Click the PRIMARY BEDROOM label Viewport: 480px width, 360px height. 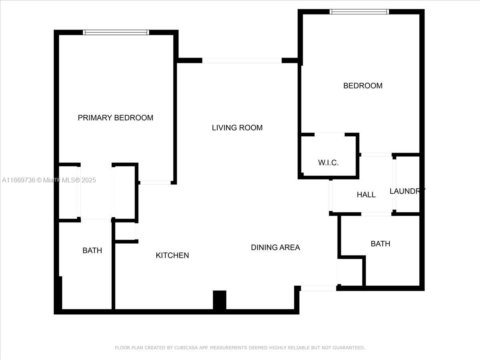[x=115, y=118]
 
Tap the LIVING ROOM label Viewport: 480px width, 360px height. [x=237, y=128]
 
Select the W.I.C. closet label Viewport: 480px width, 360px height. [x=328, y=163]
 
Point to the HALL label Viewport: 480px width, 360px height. [x=366, y=195]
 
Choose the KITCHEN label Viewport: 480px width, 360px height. [x=172, y=255]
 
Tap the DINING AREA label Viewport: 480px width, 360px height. [x=275, y=248]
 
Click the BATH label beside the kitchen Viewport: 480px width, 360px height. [x=92, y=250]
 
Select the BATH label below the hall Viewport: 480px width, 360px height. [x=380, y=244]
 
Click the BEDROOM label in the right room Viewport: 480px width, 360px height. [x=363, y=86]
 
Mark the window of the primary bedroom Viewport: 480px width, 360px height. [x=116, y=32]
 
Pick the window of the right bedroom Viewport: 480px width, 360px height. [x=359, y=12]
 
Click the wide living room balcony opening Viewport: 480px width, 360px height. [x=242, y=60]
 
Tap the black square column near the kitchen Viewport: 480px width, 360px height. [x=220, y=300]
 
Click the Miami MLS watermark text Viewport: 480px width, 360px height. [x=49, y=180]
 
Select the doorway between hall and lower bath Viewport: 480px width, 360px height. [x=376, y=214]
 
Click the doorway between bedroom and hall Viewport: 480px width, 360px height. [x=376, y=154]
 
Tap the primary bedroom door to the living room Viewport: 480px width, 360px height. [x=155, y=182]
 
